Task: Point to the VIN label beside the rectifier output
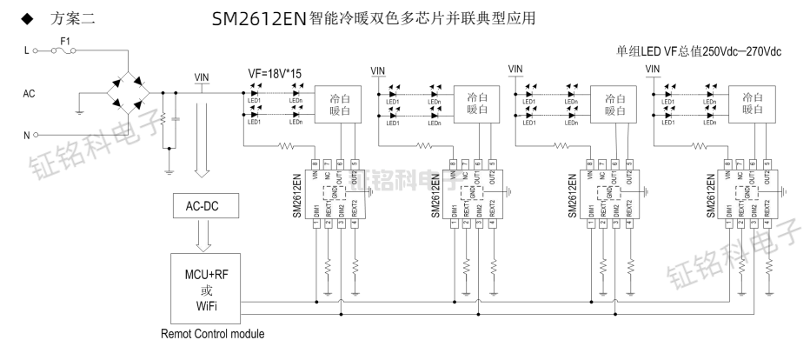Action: coord(202,76)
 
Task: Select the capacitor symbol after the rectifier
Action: coord(176,118)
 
